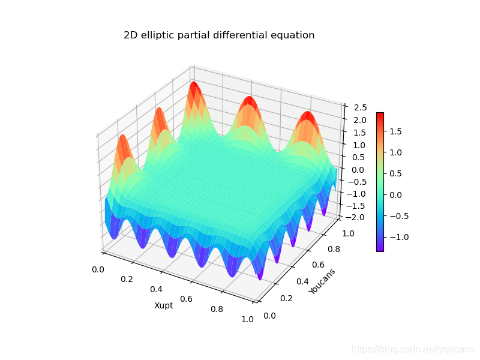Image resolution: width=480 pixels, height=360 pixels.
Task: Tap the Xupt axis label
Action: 163,305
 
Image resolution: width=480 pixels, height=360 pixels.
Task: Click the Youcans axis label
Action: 322,281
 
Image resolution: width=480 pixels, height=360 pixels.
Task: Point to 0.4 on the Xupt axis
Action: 156,289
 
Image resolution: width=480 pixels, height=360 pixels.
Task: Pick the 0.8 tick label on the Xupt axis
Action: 217,309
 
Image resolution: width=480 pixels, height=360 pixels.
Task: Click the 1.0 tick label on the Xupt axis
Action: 247,319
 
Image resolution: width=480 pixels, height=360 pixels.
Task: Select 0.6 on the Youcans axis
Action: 318,265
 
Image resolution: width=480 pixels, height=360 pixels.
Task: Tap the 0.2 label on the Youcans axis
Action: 286,298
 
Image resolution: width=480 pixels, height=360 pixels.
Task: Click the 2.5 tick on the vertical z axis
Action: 360,107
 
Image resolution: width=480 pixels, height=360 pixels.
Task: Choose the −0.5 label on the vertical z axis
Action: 355,182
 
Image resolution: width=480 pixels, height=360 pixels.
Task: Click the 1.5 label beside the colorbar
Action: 395,131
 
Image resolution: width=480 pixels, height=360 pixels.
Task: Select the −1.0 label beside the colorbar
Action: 399,237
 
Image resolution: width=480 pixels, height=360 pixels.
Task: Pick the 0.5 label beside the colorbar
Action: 395,173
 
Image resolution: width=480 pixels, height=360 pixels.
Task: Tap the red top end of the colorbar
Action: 380,114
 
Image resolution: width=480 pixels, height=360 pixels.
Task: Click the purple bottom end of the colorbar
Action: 380,250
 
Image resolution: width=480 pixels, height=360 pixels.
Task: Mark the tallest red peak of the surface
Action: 193,83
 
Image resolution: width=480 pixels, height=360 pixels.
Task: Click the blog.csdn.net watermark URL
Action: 413,349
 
